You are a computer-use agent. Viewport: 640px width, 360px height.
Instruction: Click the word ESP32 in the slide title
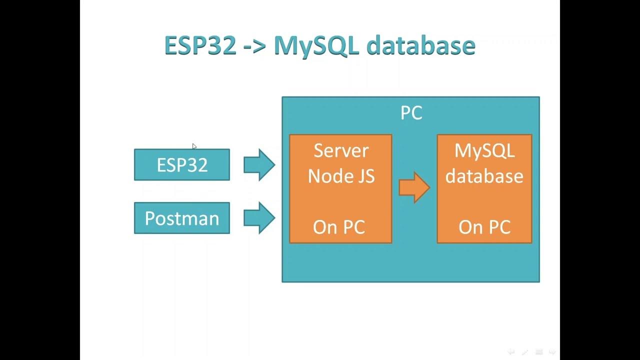[x=200, y=46]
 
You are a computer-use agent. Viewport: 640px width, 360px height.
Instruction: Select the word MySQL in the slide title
[x=316, y=46]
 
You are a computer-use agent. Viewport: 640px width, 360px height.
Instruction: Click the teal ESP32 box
[x=182, y=165]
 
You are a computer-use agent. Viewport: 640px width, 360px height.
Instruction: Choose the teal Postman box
[x=182, y=218]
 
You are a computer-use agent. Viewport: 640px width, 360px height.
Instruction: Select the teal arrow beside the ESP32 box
[x=259, y=165]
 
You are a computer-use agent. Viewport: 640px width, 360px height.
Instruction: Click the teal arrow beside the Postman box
[x=259, y=218]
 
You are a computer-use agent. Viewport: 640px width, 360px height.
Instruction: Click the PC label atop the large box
[x=411, y=113]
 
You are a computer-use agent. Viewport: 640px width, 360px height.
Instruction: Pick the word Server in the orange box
[x=341, y=150]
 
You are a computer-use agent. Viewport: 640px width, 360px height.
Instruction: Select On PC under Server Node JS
[x=339, y=227]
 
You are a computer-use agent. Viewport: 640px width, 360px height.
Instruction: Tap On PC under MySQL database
[x=484, y=227]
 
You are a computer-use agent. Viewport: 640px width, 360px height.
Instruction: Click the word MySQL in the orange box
[x=484, y=150]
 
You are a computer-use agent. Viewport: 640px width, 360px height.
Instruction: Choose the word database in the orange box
[x=484, y=176]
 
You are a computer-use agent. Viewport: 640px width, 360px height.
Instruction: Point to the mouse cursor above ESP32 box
[x=194, y=146]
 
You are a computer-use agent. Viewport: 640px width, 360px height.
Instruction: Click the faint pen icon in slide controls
[x=525, y=352]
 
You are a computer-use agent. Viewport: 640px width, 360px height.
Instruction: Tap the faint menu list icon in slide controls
[x=539, y=352]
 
